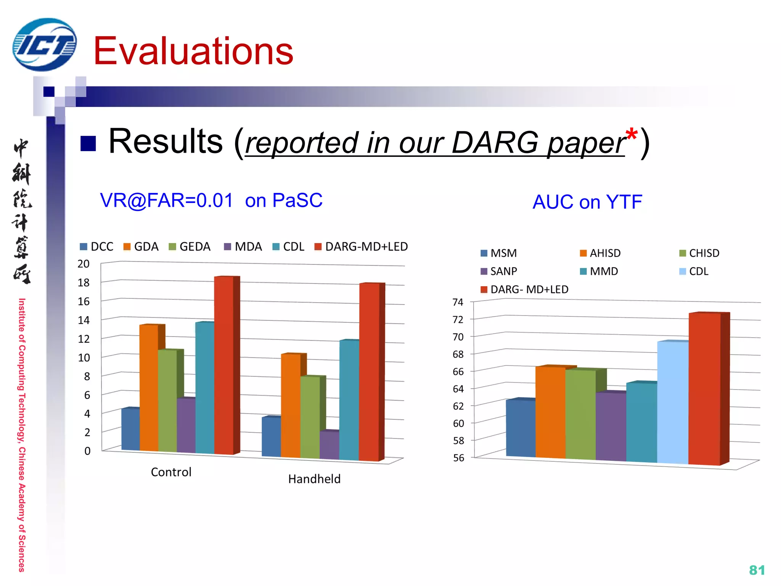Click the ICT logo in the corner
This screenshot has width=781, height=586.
coord(45,45)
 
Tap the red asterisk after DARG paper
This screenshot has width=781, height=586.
coord(632,134)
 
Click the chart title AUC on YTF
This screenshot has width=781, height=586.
coord(587,202)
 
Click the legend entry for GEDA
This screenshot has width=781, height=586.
coord(190,247)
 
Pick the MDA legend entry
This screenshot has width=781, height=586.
coord(243,247)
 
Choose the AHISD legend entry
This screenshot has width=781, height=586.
coord(600,253)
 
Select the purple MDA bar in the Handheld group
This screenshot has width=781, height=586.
coord(329,444)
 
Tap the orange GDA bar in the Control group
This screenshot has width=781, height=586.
coord(149,387)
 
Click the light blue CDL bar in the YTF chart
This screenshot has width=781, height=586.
coord(673,402)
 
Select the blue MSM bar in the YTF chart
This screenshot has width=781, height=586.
coord(521,427)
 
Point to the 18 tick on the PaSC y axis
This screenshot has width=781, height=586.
coord(84,283)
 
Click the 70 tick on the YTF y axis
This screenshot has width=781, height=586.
coord(458,337)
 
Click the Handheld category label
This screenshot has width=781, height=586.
coord(314,479)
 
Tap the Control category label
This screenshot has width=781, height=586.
coord(171,472)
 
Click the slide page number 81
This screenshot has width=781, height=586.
coord(757,570)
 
